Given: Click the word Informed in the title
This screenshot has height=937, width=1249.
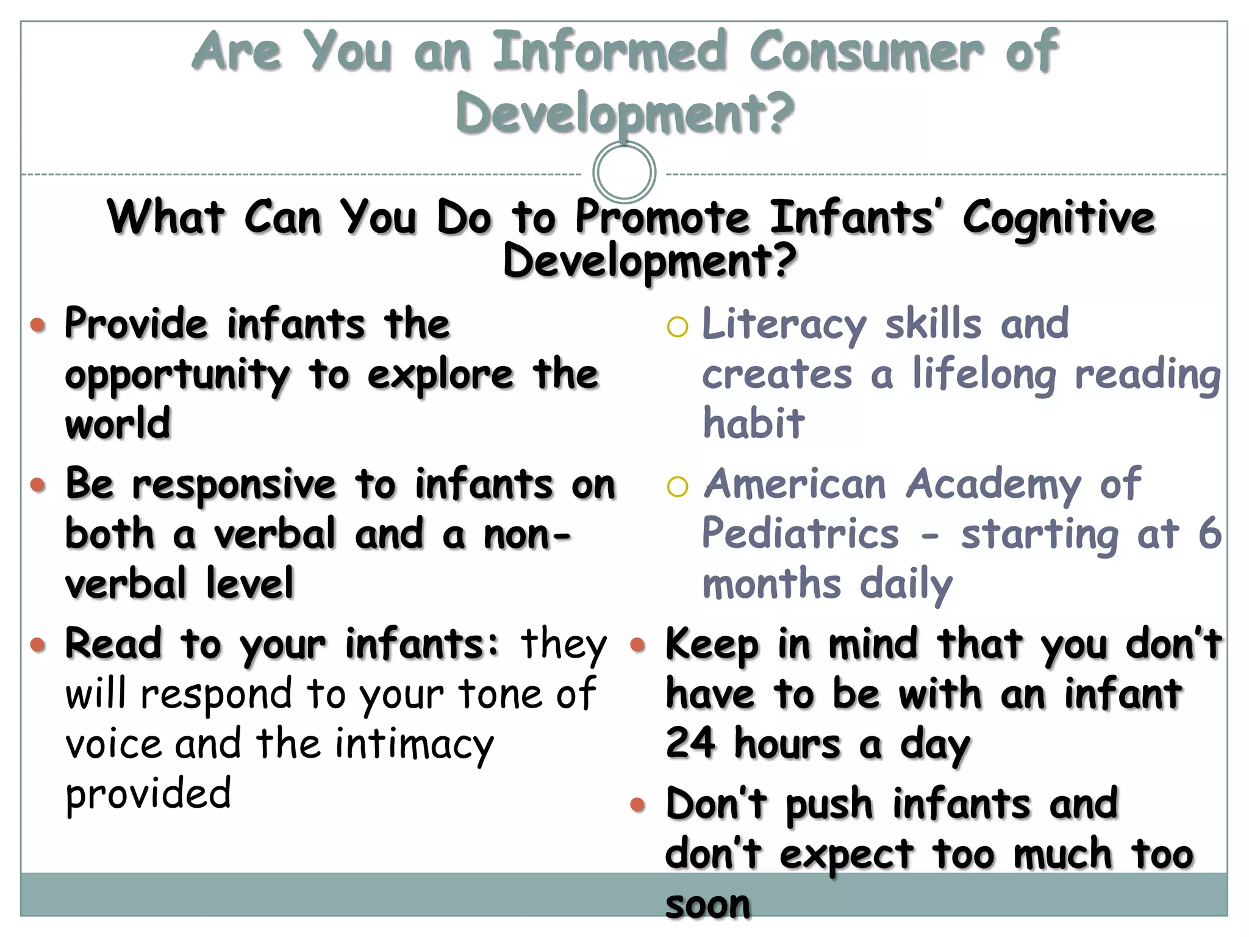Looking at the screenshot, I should click(610, 52).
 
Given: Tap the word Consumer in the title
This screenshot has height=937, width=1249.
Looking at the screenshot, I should click(866, 52).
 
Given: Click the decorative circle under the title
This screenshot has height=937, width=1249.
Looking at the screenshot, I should click(624, 173).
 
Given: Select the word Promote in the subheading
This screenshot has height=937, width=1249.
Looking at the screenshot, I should click(662, 218).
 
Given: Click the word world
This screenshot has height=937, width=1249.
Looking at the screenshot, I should click(118, 423).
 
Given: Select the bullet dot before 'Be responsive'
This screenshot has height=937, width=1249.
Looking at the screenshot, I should click(38, 485).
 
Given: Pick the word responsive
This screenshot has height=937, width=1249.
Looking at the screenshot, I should click(234, 486).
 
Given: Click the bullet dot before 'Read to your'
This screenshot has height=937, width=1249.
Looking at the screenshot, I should click(38, 645).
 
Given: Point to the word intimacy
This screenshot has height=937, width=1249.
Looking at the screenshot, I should click(415, 745).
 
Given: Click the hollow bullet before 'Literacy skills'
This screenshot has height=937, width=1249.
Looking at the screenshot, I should click(678, 327).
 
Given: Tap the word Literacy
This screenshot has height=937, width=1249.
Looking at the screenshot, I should click(784, 325).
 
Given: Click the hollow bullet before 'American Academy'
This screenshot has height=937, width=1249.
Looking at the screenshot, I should click(678, 487).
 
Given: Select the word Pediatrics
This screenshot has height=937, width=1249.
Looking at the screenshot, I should click(800, 534).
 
